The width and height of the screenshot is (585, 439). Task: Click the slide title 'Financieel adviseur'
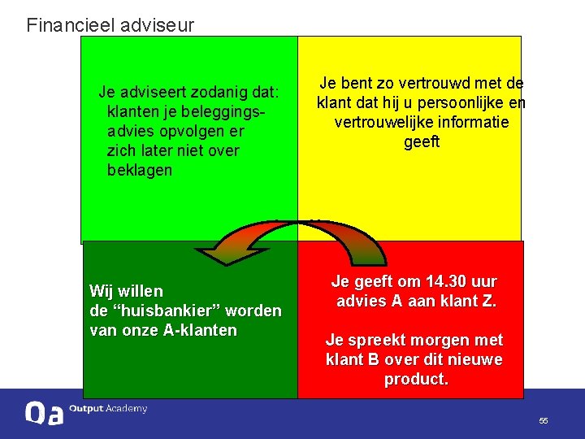coord(110,25)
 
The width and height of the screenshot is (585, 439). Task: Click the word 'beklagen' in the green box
coord(140,170)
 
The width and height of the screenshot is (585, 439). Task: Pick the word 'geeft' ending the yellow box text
coord(422,142)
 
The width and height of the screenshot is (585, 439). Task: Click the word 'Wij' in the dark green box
coord(102,291)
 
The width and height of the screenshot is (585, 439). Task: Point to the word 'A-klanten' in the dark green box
coord(201,330)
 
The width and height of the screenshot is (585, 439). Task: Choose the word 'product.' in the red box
coord(416,379)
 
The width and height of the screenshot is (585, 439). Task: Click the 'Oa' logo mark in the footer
coord(44,413)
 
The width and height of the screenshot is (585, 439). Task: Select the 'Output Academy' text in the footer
coord(108,409)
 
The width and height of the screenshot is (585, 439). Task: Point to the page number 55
coord(544,420)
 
